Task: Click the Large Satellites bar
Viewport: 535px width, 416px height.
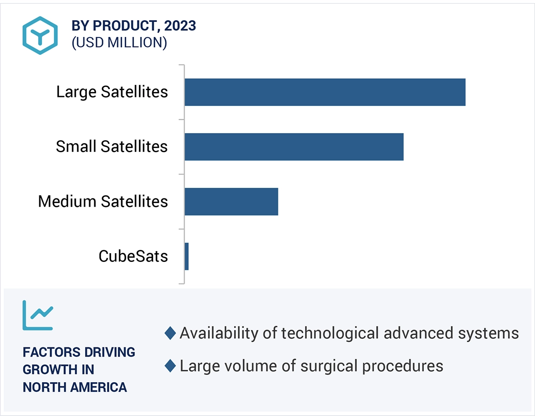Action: (325, 92)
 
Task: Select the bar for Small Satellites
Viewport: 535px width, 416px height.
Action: (294, 147)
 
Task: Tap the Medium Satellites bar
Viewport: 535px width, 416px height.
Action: (231, 202)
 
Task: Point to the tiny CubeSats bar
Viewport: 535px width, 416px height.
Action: (187, 256)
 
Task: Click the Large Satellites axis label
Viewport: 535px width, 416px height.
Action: (112, 92)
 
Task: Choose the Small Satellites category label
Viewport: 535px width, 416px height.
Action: (112, 147)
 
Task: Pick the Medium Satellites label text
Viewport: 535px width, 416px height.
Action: (103, 202)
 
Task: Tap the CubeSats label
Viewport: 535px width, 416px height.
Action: (133, 256)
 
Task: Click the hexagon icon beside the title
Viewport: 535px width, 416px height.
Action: (40, 36)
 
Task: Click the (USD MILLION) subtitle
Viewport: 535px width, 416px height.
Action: (119, 43)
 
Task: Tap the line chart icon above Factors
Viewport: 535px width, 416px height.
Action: (38, 315)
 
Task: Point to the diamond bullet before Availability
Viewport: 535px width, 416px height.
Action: (170, 333)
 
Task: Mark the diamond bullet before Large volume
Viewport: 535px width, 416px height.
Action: (170, 366)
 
